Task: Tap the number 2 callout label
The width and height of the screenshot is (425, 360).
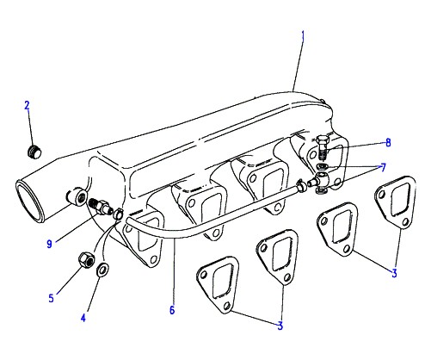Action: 27,105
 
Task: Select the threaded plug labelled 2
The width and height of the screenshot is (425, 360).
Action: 34,152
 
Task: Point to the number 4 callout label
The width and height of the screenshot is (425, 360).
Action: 83,318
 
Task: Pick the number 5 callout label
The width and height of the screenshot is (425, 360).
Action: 51,298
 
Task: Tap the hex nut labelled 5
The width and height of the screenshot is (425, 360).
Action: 86,259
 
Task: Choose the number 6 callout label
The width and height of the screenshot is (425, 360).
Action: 172,310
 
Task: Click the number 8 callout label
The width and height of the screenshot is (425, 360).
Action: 388,142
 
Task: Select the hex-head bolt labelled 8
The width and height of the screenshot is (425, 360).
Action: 321,147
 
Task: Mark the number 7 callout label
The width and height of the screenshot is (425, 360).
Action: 383,167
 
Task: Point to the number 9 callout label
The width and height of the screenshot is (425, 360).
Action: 49,244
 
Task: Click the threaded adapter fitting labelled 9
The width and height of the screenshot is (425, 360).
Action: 100,207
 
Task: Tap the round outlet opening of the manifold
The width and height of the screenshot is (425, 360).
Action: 30,201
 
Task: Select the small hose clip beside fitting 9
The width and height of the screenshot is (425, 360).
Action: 118,214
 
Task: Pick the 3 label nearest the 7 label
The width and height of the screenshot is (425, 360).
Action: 394,273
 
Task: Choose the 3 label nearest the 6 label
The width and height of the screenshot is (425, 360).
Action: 280,326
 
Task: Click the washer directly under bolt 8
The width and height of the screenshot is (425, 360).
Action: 323,166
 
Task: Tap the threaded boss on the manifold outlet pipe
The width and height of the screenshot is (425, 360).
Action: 77,196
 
